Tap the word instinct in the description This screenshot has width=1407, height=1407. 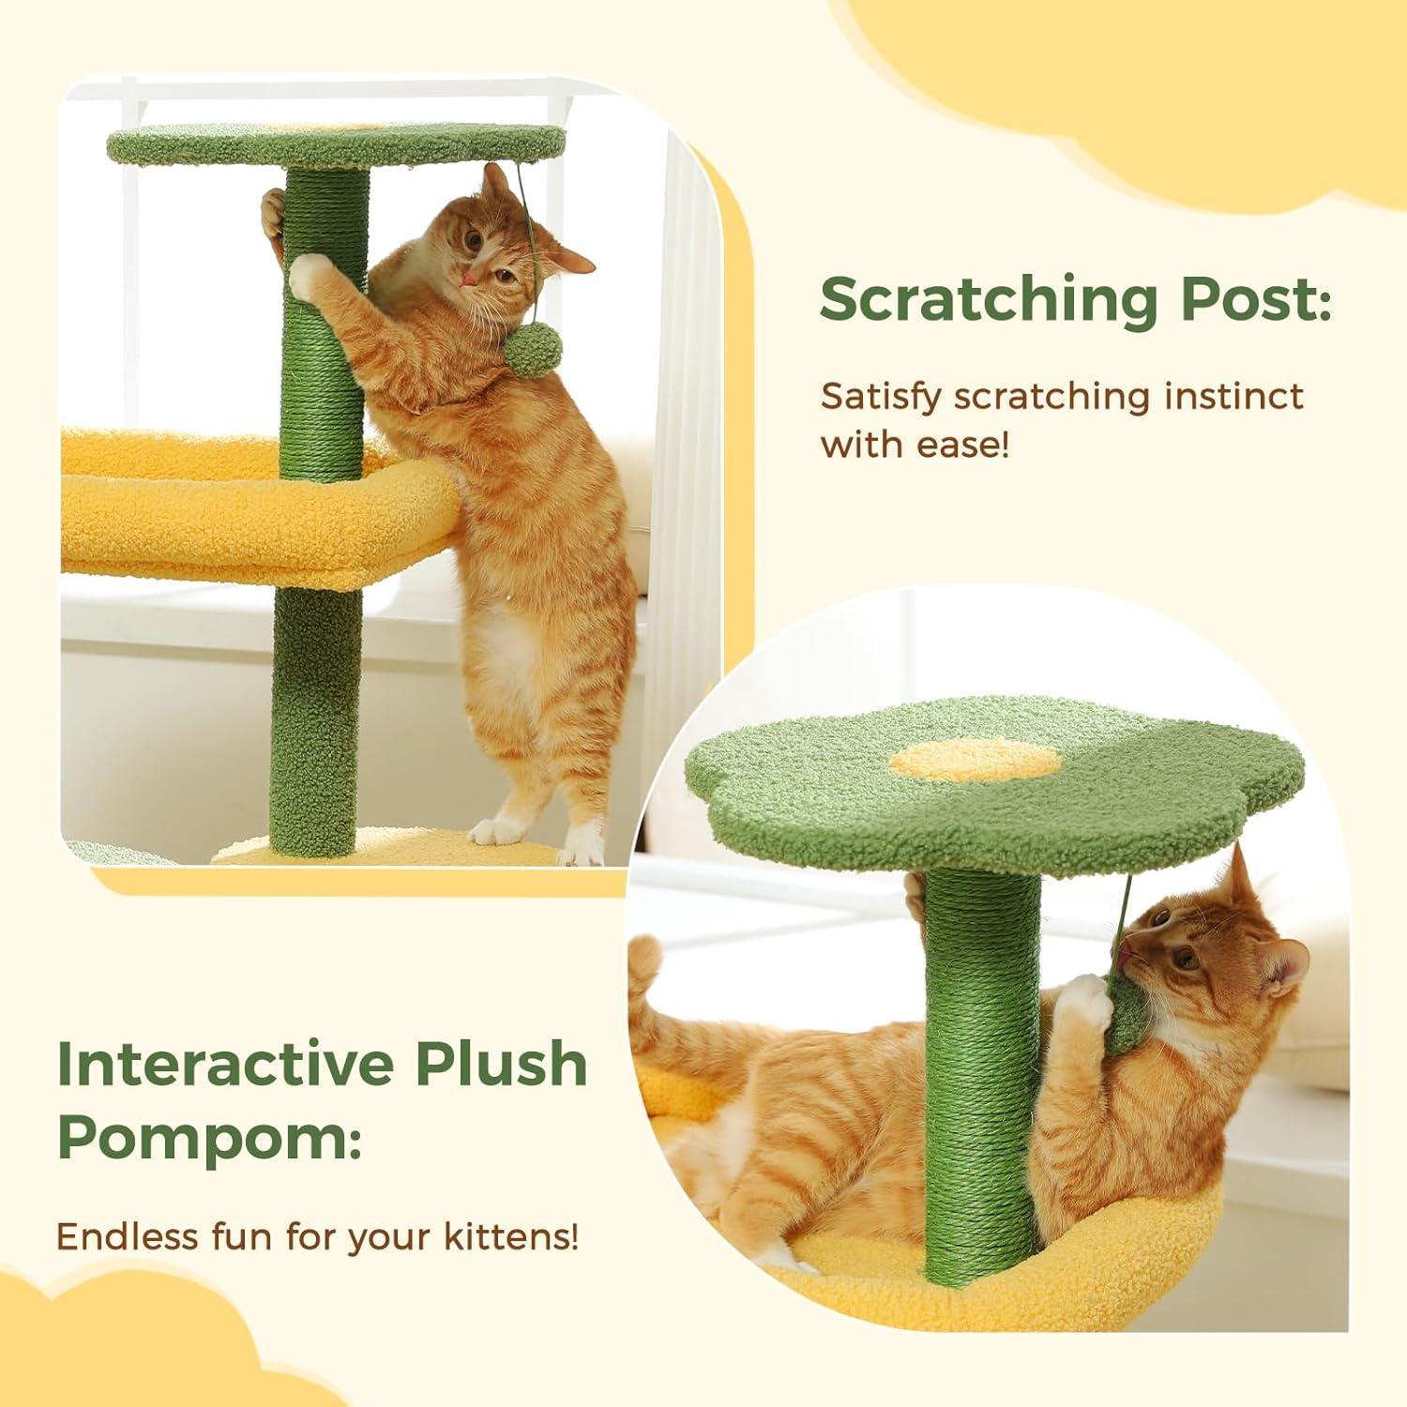[1233, 396]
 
